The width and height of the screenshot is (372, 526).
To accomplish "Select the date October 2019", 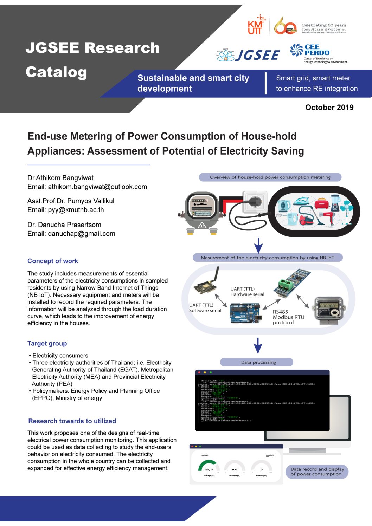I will [x=329, y=108].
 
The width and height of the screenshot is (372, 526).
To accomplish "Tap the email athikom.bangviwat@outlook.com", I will [x=97, y=187].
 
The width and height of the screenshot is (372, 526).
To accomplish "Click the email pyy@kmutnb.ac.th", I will [x=76, y=210].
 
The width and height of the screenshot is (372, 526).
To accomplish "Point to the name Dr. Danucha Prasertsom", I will [x=64, y=225].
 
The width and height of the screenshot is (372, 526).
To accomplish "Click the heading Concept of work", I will [x=53, y=261].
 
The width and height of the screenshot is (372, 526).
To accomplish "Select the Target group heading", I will [x=47, y=344].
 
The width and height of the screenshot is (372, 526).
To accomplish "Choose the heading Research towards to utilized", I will [x=72, y=421].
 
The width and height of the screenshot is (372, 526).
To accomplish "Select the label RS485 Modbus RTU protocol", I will [x=288, y=317].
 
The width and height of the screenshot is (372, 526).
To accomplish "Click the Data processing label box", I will [x=256, y=362].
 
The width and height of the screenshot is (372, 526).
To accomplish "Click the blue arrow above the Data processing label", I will [x=258, y=346].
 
